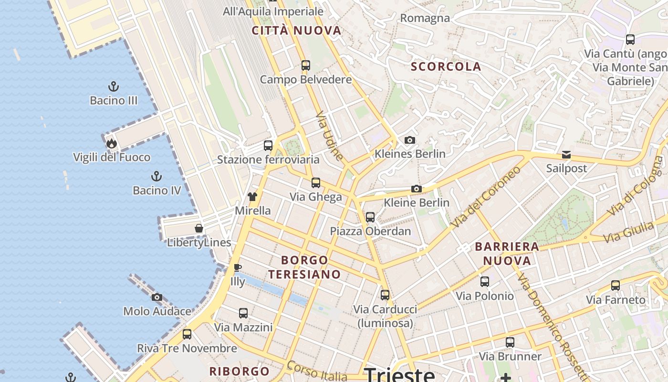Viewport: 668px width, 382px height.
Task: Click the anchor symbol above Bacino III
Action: pyautogui.click(x=114, y=86)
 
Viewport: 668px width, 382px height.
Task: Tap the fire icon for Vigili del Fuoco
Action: pyautogui.click(x=112, y=143)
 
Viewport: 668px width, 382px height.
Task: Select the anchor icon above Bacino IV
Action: pyautogui.click(x=156, y=176)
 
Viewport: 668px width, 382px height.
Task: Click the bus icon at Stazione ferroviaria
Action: pyautogui.click(x=268, y=145)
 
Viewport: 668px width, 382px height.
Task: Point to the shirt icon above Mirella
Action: pyautogui.click(x=252, y=196)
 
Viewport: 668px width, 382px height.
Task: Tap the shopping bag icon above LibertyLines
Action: pyautogui.click(x=199, y=228)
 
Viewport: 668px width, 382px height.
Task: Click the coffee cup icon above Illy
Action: pyautogui.click(x=238, y=267)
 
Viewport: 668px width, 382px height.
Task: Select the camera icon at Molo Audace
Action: pyautogui.click(x=157, y=297)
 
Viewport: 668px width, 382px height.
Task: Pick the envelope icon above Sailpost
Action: pyautogui.click(x=566, y=154)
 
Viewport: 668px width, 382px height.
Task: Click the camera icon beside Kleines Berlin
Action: pyautogui.click(x=409, y=140)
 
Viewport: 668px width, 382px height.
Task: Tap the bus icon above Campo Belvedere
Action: pyautogui.click(x=306, y=65)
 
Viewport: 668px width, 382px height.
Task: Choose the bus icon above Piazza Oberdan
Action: pyautogui.click(x=370, y=217)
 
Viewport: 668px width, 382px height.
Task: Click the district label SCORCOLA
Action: pyautogui.click(x=446, y=67)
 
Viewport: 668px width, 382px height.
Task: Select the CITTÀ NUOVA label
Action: pyautogui.click(x=297, y=31)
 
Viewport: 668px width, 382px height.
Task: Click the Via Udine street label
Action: pyautogui.click(x=330, y=136)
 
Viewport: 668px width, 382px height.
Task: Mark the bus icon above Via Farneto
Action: pyautogui.click(x=616, y=286)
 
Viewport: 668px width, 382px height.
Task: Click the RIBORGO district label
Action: pyautogui.click(x=240, y=371)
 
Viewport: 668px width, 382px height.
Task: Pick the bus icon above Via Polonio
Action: pyautogui.click(x=485, y=282)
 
